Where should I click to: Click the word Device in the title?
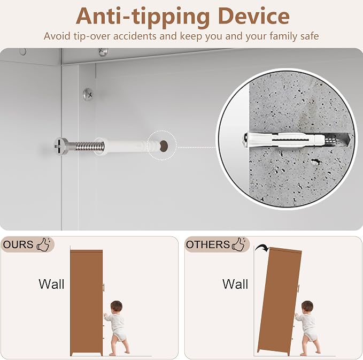[x=254, y=16]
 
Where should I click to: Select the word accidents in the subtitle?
[x=135, y=36]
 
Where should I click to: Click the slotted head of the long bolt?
[x=61, y=146]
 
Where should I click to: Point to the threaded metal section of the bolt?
[x=90, y=147]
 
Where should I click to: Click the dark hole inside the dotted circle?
[x=164, y=146]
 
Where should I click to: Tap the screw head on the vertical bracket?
[x=88, y=95]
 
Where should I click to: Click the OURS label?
[x=18, y=244]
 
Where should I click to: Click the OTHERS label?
[x=207, y=244]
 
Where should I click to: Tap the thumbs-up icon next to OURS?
[x=44, y=244]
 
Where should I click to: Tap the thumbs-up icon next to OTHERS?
[x=239, y=244]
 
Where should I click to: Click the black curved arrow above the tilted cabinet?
[x=262, y=248]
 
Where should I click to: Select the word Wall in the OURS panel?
[x=51, y=284]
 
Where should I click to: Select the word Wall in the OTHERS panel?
[x=235, y=284]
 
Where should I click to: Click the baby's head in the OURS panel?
[x=116, y=307]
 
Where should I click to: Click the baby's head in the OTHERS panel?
[x=307, y=307]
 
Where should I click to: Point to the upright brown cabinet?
[x=87, y=303]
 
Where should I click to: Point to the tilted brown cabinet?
[x=280, y=301]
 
